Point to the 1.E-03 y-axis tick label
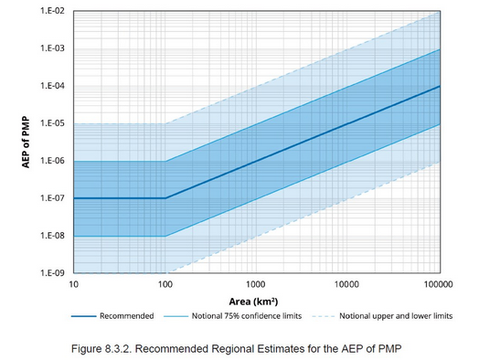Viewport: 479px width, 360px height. pyautogui.click(x=51, y=48)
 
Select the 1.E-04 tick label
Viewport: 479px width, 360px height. pyautogui.click(x=51, y=86)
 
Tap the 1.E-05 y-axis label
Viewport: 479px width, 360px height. pyautogui.click(x=51, y=123)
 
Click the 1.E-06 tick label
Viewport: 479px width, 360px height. pyautogui.click(x=51, y=161)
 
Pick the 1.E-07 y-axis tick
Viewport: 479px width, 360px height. pyautogui.click(x=51, y=198)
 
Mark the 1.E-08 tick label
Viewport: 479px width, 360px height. pyautogui.click(x=51, y=236)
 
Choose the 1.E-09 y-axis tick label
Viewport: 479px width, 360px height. pyautogui.click(x=51, y=273)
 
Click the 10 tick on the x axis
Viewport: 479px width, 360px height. pyautogui.click(x=73, y=285)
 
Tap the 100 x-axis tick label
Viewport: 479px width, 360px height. pyautogui.click(x=165, y=285)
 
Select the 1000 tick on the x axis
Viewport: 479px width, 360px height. pyautogui.click(x=257, y=285)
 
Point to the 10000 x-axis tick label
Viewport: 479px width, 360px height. pyautogui.click(x=348, y=285)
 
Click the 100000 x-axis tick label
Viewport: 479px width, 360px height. pyautogui.click(x=439, y=285)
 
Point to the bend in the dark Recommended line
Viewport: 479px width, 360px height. pyautogui.click(x=165, y=198)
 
